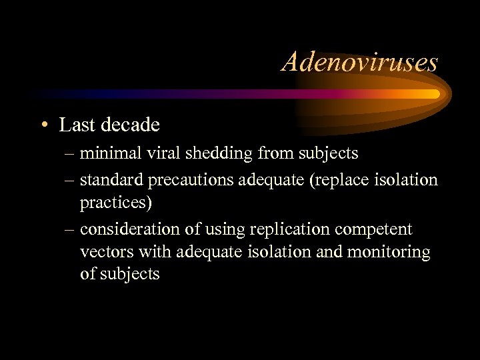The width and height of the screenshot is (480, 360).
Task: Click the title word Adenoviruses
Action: [360, 63]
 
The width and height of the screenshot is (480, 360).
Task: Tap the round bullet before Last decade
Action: [43, 125]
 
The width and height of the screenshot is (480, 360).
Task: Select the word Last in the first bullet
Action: [73, 125]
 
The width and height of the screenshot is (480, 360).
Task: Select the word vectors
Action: [100, 253]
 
